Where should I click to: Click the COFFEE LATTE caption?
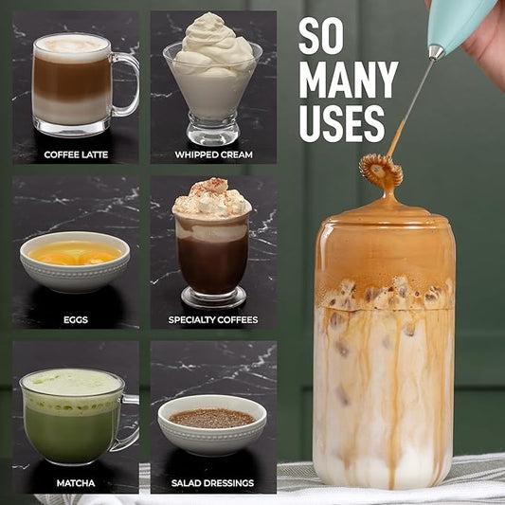76,154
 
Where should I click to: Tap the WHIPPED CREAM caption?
213,154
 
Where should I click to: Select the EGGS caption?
76,320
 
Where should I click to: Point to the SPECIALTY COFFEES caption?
213,320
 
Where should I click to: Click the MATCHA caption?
76,483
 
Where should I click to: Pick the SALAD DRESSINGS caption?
212,483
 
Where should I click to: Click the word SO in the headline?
321,36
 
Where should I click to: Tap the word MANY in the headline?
349,80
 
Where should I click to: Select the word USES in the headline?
341,123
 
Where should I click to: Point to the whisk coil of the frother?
381,171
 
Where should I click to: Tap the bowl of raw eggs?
75,261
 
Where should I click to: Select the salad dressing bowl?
212,424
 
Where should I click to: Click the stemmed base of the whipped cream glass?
213,130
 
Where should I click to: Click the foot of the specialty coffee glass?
213,297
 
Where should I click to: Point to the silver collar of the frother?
437,52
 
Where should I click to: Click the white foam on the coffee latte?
72,46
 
